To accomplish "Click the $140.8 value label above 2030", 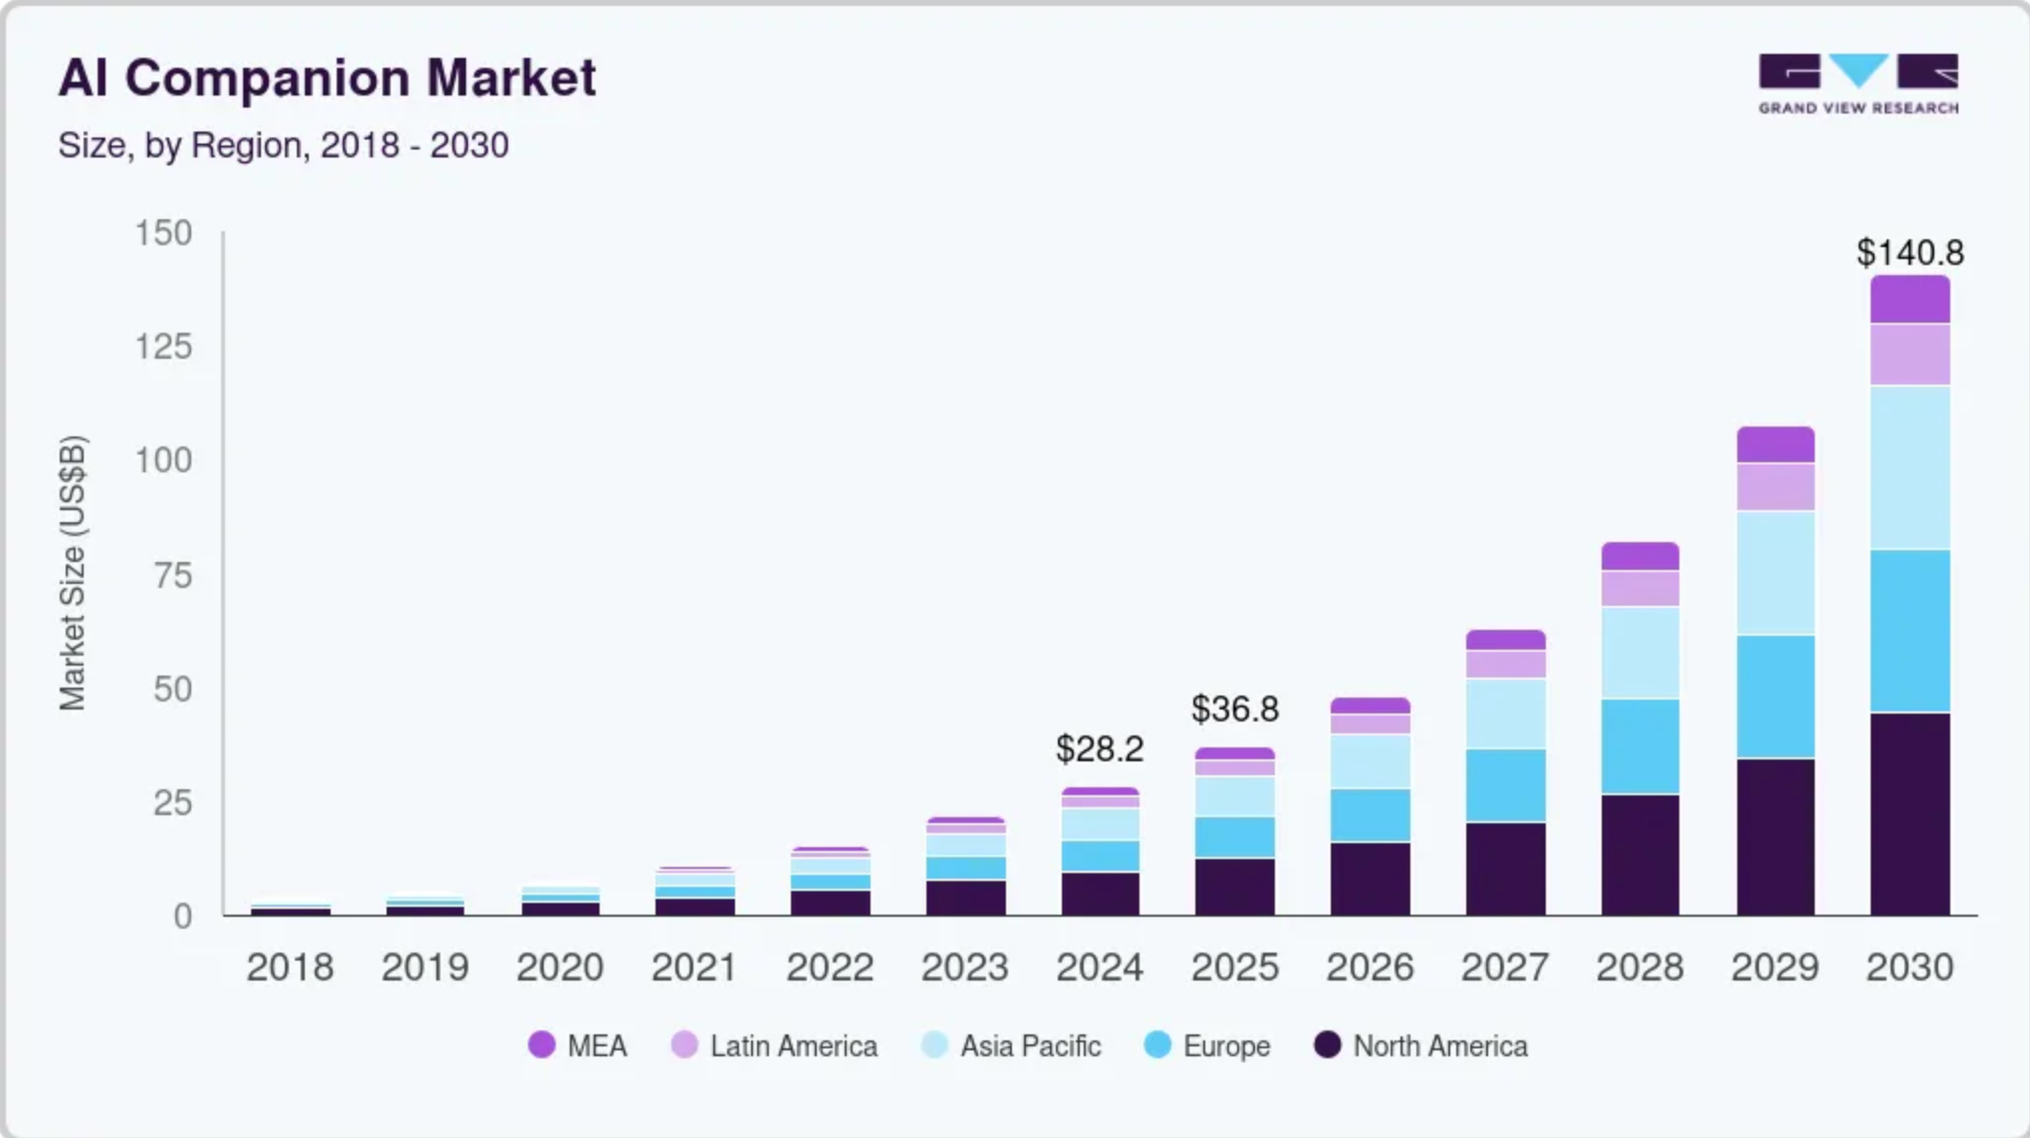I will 1909,253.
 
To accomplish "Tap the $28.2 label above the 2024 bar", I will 1100,749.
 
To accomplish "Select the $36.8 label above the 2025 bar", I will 1235,710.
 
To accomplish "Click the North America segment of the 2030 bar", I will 1909,813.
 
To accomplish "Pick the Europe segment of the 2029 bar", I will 1775,697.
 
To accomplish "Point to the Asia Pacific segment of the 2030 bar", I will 1909,467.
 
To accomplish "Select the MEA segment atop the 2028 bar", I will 1640,556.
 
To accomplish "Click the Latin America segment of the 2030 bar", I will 1909,355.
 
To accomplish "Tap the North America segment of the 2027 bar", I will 1505,868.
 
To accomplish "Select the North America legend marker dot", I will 1327,1045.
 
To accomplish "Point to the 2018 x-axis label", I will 290,967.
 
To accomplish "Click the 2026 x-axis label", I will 1370,967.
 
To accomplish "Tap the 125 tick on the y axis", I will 163,347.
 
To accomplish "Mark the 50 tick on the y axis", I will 172,689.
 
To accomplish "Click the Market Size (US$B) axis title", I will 73,573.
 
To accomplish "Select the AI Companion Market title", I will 327,78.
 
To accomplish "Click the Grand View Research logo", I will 1858,84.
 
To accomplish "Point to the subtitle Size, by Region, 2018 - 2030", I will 283,145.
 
